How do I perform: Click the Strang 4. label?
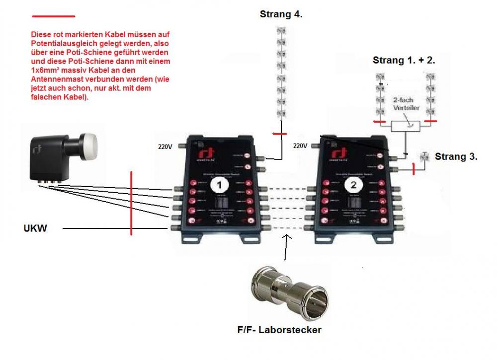coord(281,14)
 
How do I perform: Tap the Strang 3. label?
coord(456,156)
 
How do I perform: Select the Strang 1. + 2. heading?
coord(404,61)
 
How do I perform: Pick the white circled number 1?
coord(217,186)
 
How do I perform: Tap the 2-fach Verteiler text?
coord(405,102)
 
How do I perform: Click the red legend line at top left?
coord(53,16)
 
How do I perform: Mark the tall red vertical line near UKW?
coord(132,203)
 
